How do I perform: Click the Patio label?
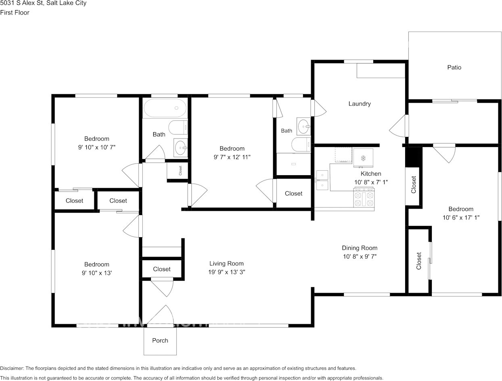pos(454,68)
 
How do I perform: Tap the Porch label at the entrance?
pos(160,341)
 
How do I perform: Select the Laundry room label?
pos(360,104)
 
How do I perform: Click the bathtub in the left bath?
pos(165,108)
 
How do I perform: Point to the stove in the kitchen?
pos(364,197)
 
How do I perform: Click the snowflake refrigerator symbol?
pos(363,158)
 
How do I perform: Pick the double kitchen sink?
pos(322,180)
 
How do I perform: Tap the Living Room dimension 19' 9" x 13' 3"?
pos(227,272)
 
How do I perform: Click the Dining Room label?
pos(360,248)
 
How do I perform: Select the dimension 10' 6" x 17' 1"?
pos(461,217)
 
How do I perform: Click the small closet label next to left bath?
pos(180,171)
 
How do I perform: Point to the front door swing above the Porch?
pos(161,316)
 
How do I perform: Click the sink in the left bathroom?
pos(181,148)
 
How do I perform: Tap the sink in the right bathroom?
pos(304,126)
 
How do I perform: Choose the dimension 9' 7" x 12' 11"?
pos(232,157)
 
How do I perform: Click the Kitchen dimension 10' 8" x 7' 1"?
pos(371,182)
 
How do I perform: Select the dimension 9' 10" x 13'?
pos(97,273)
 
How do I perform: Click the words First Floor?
pos(15,12)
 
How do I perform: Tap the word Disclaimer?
pos(12,368)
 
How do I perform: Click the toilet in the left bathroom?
pos(178,128)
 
